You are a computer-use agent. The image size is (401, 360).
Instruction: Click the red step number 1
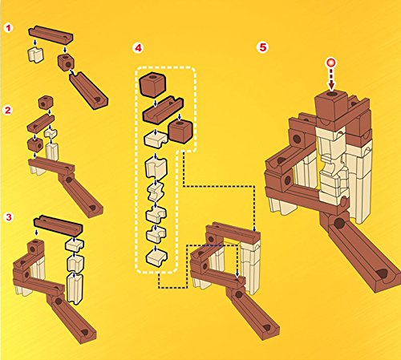(8, 28)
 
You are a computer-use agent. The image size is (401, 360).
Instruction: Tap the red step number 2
(7, 110)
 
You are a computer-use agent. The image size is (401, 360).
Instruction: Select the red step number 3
(9, 217)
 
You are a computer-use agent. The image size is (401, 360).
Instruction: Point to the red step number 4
(138, 48)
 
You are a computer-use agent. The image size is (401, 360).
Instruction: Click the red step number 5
(263, 47)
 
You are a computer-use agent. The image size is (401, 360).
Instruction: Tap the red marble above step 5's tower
(331, 63)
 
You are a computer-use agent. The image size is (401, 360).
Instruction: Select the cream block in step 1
(35, 55)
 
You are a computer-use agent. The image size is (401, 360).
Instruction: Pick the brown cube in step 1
(66, 62)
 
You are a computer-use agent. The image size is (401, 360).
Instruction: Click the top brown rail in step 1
(51, 34)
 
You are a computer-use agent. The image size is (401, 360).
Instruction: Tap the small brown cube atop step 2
(46, 102)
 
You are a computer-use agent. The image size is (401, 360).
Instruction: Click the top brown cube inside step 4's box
(152, 85)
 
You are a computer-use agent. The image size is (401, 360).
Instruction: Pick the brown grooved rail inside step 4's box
(163, 111)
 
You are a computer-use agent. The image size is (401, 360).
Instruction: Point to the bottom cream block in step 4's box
(156, 257)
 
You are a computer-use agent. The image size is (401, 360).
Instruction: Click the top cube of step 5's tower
(331, 107)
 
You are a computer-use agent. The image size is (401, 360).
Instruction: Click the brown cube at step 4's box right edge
(180, 131)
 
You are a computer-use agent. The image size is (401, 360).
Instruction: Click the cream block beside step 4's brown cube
(156, 139)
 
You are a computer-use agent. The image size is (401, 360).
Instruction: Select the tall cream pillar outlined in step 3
(75, 288)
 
